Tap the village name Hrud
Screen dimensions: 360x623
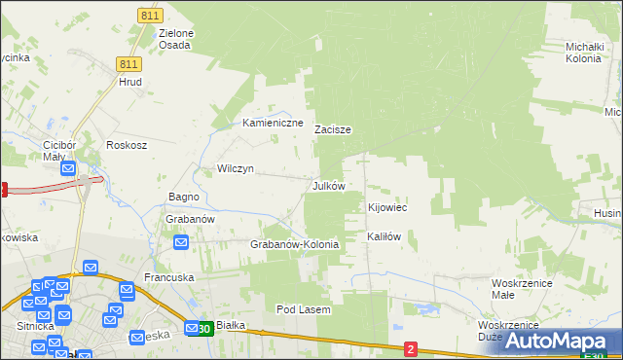[130, 82]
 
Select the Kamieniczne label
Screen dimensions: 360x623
[274, 124]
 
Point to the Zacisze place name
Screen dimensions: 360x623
[332, 128]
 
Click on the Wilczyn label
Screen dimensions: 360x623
[236, 168]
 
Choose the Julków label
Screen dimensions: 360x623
[328, 185]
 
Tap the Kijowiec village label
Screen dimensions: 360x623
[386, 208]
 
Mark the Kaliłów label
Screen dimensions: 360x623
[384, 236]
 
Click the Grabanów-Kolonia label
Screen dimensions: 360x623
[295, 244]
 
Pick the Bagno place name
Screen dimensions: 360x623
[184, 197]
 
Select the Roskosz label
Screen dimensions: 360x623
[127, 145]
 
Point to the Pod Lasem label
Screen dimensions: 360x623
[304, 309]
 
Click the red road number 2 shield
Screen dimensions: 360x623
[411, 348]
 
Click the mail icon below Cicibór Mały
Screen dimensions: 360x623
[68, 169]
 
